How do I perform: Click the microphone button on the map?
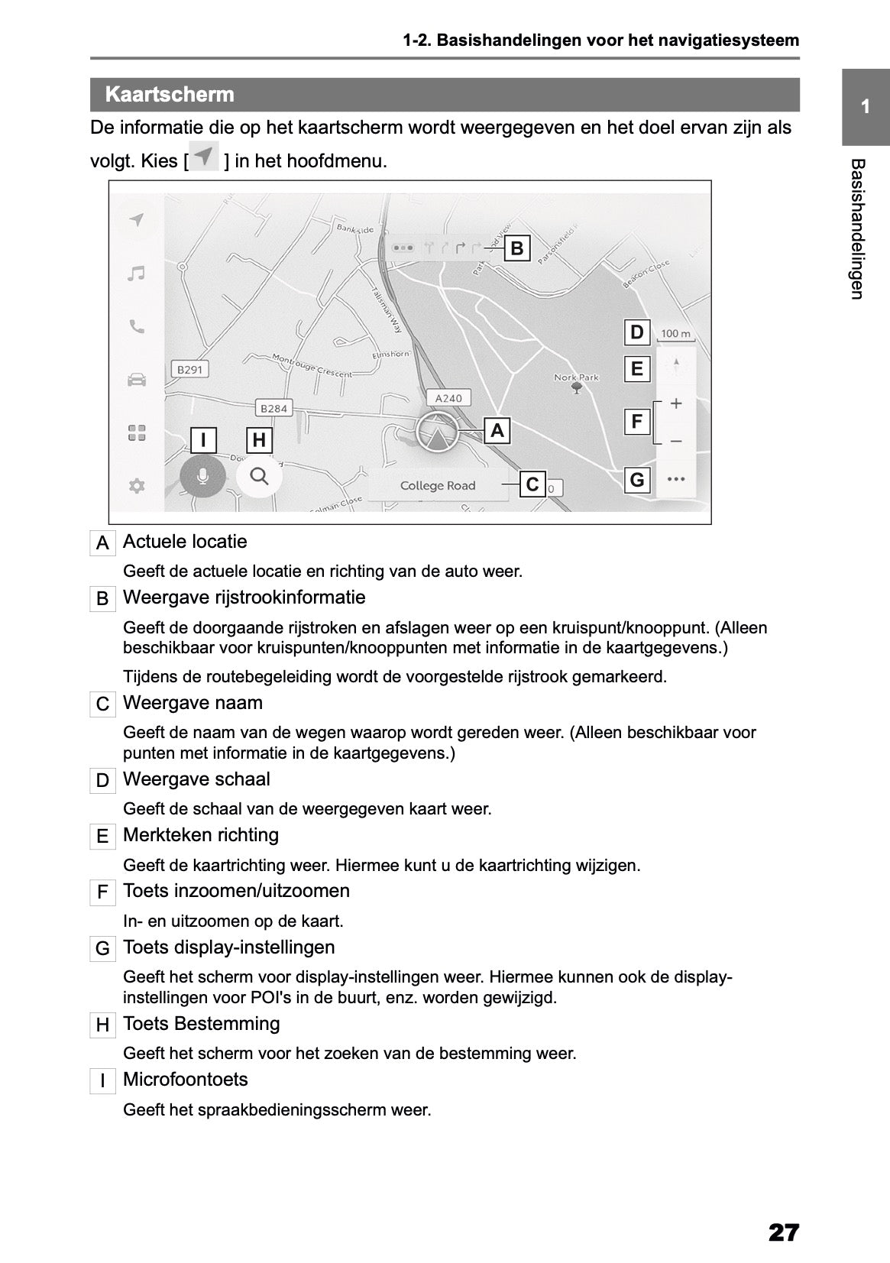[202, 477]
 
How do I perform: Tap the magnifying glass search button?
[260, 477]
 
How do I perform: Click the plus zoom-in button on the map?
[675, 403]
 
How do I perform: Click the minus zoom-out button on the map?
[675, 442]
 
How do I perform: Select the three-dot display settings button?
[675, 480]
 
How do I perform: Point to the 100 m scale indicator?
[675, 334]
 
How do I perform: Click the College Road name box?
[438, 486]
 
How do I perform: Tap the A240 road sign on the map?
[448, 398]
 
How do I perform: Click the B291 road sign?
[189, 370]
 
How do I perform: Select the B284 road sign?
[273, 409]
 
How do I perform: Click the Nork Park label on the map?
[577, 377]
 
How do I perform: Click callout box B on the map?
[517, 248]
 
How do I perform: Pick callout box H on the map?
[259, 440]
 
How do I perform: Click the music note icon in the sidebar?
[137, 274]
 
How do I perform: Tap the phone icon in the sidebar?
[137, 327]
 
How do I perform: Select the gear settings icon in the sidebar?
[137, 486]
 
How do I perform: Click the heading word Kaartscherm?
[170, 95]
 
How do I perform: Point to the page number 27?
[784, 1211]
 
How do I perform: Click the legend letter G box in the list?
[102, 950]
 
